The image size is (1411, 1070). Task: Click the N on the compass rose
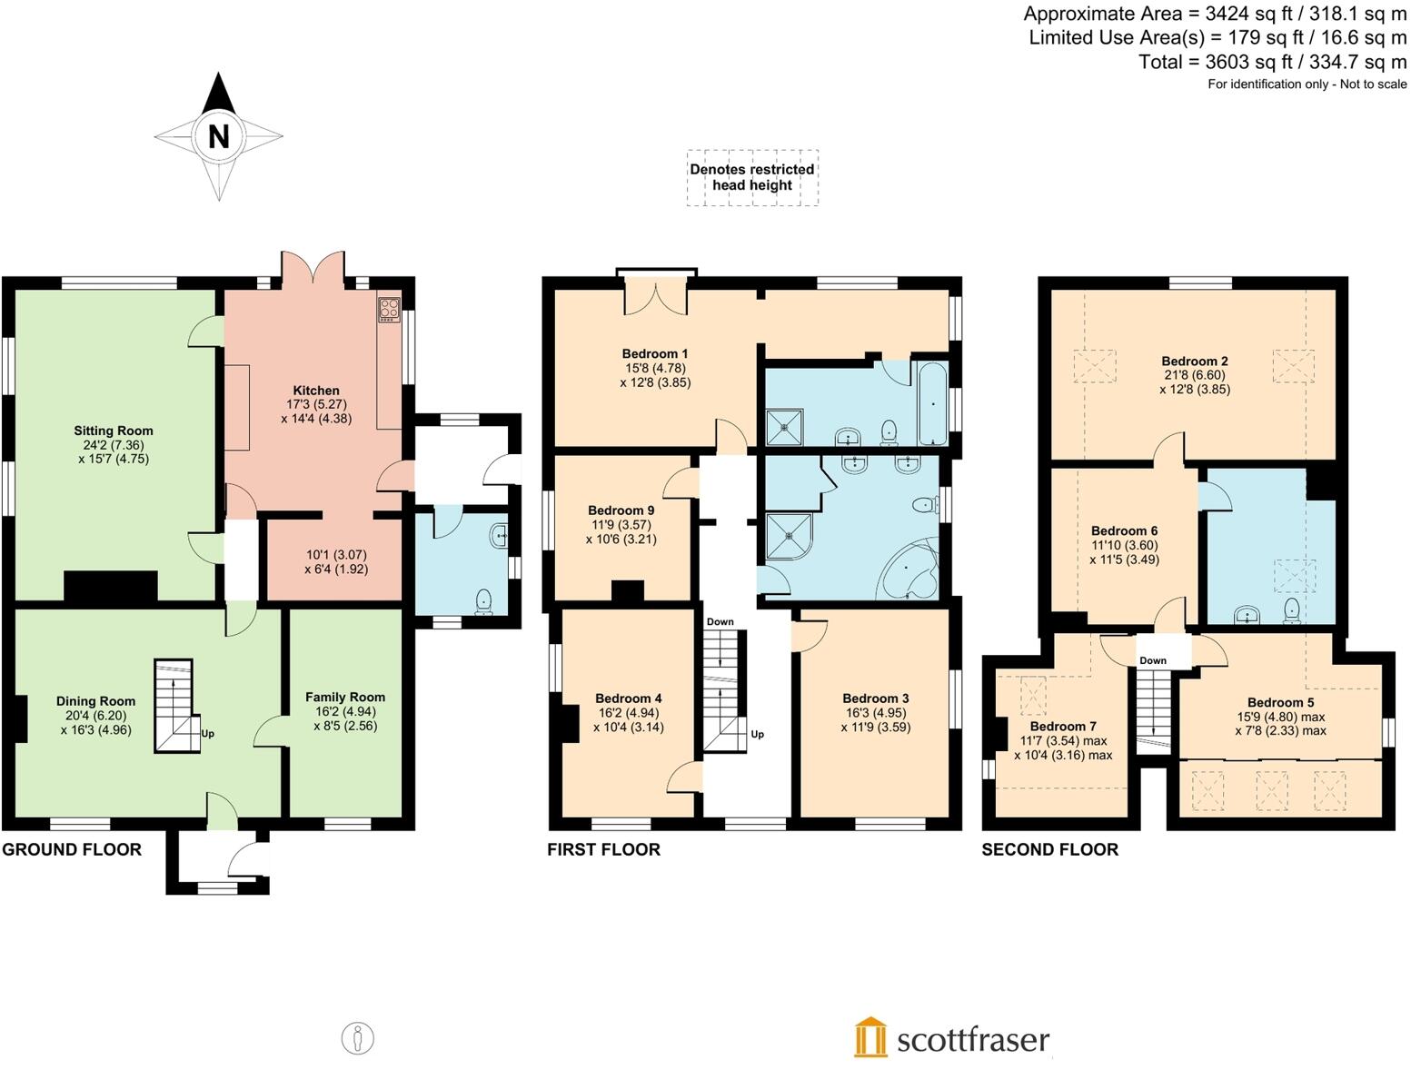pyautogui.click(x=218, y=136)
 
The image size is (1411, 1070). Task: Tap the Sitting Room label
pyautogui.click(x=114, y=431)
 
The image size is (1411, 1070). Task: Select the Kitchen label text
pyautogui.click(x=316, y=391)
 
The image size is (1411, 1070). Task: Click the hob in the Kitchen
pyautogui.click(x=389, y=309)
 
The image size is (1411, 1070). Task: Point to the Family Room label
pyautogui.click(x=345, y=698)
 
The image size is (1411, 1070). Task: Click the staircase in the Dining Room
pyautogui.click(x=175, y=705)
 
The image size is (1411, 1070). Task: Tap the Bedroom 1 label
pyautogui.click(x=655, y=353)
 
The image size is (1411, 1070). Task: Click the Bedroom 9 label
pyautogui.click(x=621, y=510)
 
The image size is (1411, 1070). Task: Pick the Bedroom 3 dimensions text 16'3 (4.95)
pyautogui.click(x=876, y=713)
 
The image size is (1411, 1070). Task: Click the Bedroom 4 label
pyautogui.click(x=629, y=698)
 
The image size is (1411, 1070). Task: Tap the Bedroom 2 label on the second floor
pyautogui.click(x=1195, y=361)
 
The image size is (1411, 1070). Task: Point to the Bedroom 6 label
pyautogui.click(x=1124, y=530)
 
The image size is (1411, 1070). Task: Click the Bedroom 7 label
pyautogui.click(x=1063, y=727)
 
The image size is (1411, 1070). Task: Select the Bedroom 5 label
pyautogui.click(x=1280, y=702)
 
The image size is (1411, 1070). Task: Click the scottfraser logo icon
pyautogui.click(x=870, y=1037)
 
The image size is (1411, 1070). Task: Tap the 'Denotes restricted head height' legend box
pyautogui.click(x=752, y=177)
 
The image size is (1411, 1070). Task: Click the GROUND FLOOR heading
pyautogui.click(x=72, y=849)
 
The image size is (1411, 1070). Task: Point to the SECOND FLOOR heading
pyautogui.click(x=1049, y=849)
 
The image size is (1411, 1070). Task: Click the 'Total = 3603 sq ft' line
pyautogui.click(x=1272, y=62)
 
